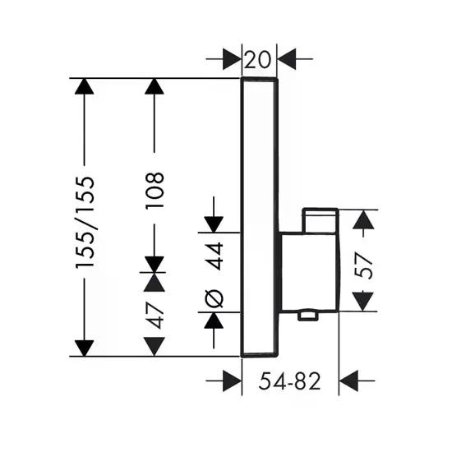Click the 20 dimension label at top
(x=257, y=60)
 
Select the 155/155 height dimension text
(x=85, y=222)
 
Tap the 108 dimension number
(x=155, y=190)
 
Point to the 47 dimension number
(x=155, y=316)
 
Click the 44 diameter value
(x=214, y=256)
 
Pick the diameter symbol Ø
(x=214, y=298)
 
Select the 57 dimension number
(x=363, y=265)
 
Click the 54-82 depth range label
(x=289, y=381)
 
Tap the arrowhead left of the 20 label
(x=232, y=59)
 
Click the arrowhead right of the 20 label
(x=287, y=59)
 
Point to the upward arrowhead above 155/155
(x=84, y=86)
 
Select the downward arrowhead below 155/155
(x=84, y=348)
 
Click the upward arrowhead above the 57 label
(x=363, y=219)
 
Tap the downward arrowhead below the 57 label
(x=363, y=302)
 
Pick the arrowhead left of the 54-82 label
(x=233, y=381)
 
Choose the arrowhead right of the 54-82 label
(x=348, y=381)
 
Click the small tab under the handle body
(x=307, y=315)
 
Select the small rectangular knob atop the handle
(x=320, y=220)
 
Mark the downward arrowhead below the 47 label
(x=155, y=347)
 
